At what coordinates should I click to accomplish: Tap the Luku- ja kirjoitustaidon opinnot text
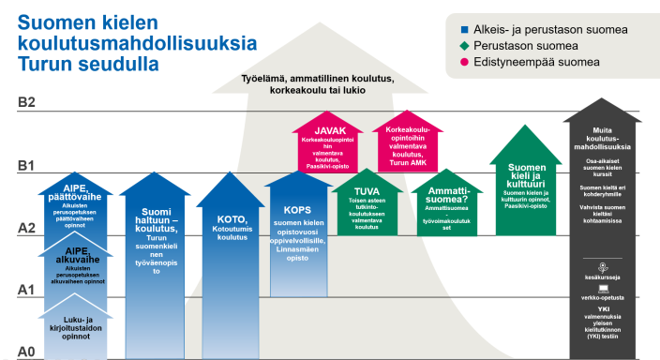(76, 327)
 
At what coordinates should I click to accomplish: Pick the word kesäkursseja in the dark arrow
(604, 277)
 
